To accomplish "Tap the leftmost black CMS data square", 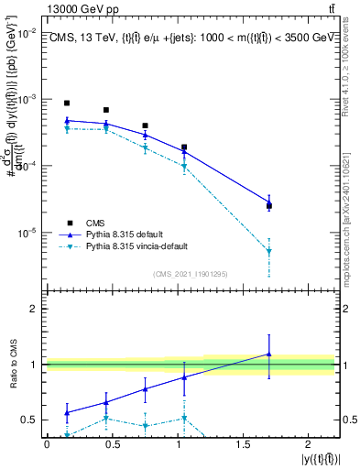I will tap(67, 104).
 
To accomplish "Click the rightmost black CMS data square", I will tap(268, 205).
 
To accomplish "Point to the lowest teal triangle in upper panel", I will tap(268, 251).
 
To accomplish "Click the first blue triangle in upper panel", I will tap(67, 120).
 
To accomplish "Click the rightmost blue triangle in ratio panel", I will tap(268, 354).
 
